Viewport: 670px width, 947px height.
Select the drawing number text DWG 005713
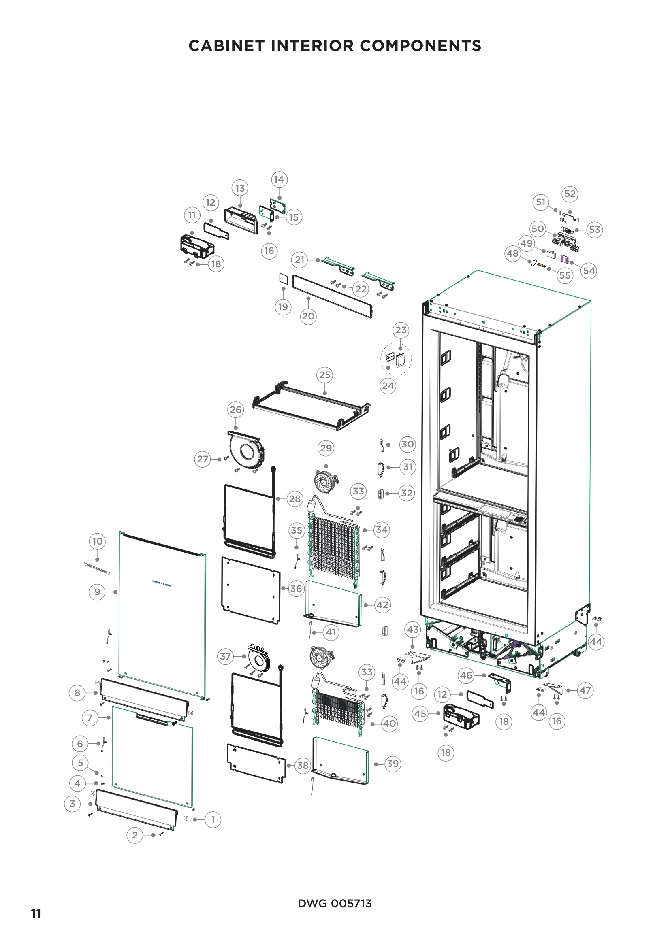(x=335, y=903)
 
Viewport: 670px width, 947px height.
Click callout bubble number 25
(x=325, y=375)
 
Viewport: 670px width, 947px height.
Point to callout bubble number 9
(x=97, y=592)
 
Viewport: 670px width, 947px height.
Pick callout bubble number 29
(x=326, y=448)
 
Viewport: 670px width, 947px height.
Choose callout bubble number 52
(x=570, y=194)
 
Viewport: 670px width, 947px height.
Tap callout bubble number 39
(x=393, y=764)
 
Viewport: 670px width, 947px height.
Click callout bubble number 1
(x=213, y=819)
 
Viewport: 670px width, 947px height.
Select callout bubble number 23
(x=401, y=330)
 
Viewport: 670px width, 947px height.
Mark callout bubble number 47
(x=585, y=690)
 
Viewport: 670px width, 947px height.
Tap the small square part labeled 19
(x=283, y=278)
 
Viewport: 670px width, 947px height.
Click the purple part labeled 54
(x=565, y=259)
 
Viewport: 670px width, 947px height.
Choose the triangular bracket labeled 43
(x=418, y=655)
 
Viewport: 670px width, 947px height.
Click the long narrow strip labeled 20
(x=332, y=296)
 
